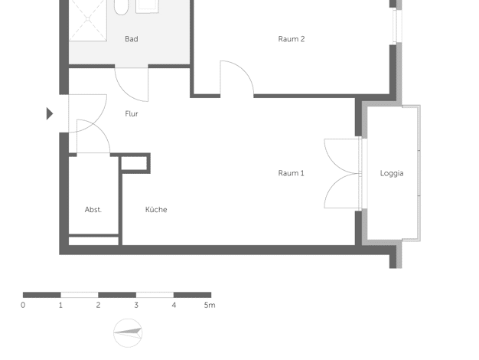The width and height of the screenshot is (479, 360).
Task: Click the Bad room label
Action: click(132, 39)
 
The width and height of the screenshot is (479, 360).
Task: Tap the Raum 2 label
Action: click(291, 39)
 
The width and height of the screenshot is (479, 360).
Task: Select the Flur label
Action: click(132, 114)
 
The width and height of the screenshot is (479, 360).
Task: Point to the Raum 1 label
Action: click(291, 173)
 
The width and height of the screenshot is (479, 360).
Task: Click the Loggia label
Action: click(392, 173)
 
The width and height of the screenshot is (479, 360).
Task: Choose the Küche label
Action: click(156, 210)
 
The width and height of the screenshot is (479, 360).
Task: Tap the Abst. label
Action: click(93, 210)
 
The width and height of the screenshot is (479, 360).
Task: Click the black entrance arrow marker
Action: click(50, 113)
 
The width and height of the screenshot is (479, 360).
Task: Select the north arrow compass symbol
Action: click(128, 332)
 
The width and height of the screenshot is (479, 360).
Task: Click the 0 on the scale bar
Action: click(23, 305)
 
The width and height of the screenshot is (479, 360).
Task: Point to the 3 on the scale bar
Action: click(136, 305)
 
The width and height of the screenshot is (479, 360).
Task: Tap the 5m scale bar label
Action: click(210, 305)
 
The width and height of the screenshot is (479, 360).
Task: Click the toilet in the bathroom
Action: click(121, 8)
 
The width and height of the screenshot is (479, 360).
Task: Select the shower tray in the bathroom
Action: click(88, 20)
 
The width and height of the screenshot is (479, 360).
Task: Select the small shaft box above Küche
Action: click(135, 163)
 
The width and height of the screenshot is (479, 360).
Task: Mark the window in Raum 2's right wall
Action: click(396, 25)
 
